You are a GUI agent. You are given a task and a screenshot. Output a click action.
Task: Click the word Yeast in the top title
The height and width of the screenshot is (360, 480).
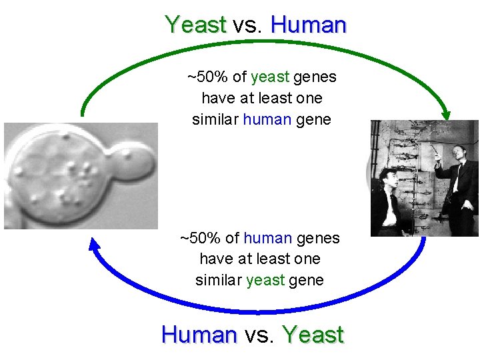(195, 25)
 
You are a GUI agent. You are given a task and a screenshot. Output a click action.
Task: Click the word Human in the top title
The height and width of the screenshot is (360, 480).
(308, 25)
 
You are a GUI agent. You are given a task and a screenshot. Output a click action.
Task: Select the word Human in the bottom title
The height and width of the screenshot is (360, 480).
(199, 334)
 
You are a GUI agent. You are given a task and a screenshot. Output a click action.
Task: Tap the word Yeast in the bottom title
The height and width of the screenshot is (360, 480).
(313, 334)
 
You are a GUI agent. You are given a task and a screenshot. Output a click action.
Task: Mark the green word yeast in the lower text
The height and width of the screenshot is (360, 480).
(265, 281)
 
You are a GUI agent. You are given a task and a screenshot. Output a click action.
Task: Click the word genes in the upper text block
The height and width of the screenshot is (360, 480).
(315, 77)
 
